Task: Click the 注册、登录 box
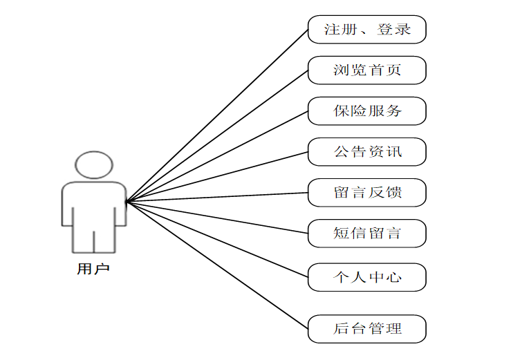pos(366,30)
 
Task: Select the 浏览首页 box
pos(366,70)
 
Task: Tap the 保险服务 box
pos(366,111)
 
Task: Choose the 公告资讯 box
pos(366,152)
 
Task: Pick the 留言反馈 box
pos(366,193)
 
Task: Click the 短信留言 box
pos(366,234)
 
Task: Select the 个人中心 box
pos(366,278)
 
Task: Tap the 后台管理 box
pos(366,329)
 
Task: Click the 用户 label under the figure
pos(93,269)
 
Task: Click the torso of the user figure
pos(94,204)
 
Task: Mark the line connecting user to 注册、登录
pos(217,115)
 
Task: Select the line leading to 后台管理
pos(217,265)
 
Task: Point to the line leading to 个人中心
pos(217,240)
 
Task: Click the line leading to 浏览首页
pos(217,136)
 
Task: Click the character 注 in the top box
pos(333,30)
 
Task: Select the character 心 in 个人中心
pos(393,278)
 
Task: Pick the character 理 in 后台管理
pos(393,329)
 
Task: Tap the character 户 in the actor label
pos(102,269)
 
